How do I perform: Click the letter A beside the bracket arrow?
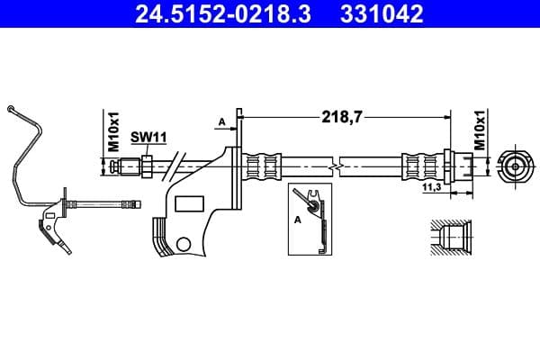(220, 121)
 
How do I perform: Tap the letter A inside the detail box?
(298, 217)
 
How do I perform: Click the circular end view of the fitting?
(514, 166)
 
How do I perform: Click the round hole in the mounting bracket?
(184, 242)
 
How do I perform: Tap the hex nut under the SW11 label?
(144, 166)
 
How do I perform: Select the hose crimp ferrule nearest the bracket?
(264, 166)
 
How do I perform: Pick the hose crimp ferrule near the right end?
(419, 166)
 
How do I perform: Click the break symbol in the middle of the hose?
(335, 166)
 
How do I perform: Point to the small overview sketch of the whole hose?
(54, 189)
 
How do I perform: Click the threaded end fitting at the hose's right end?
(458, 166)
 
